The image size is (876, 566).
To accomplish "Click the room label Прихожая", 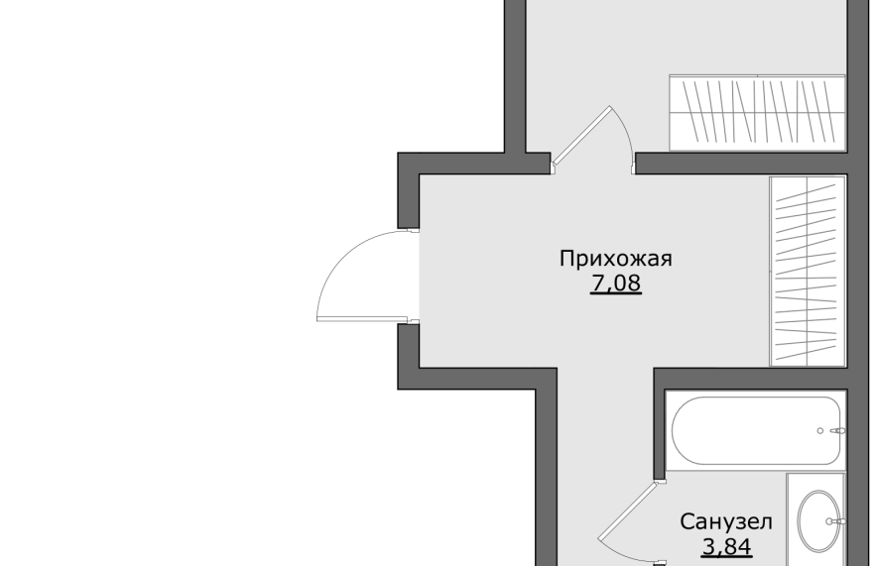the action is (x=616, y=259).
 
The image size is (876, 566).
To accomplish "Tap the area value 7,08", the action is (x=616, y=283).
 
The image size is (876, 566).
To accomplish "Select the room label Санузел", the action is (x=726, y=522).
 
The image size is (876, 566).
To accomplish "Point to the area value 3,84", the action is (x=726, y=546).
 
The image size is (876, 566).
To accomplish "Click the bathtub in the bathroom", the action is (x=756, y=430).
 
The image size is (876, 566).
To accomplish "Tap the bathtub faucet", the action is (x=838, y=431).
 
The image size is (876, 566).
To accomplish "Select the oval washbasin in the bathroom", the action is (x=819, y=521).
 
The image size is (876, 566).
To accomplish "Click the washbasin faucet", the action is (x=835, y=521).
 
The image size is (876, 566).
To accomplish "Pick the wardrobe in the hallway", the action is (x=808, y=272).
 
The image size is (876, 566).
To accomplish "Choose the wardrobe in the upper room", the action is (x=758, y=113).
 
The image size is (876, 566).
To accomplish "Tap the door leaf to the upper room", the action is (x=581, y=136).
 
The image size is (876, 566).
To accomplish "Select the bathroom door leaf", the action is (x=627, y=510).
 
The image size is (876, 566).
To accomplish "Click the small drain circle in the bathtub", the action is (x=820, y=431).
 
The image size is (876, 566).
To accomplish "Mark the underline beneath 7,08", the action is (x=616, y=293).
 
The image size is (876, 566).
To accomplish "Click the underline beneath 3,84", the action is (x=726, y=556).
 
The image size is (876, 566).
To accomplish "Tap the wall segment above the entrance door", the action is (x=409, y=190).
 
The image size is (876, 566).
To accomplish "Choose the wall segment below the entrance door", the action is (x=409, y=357).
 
